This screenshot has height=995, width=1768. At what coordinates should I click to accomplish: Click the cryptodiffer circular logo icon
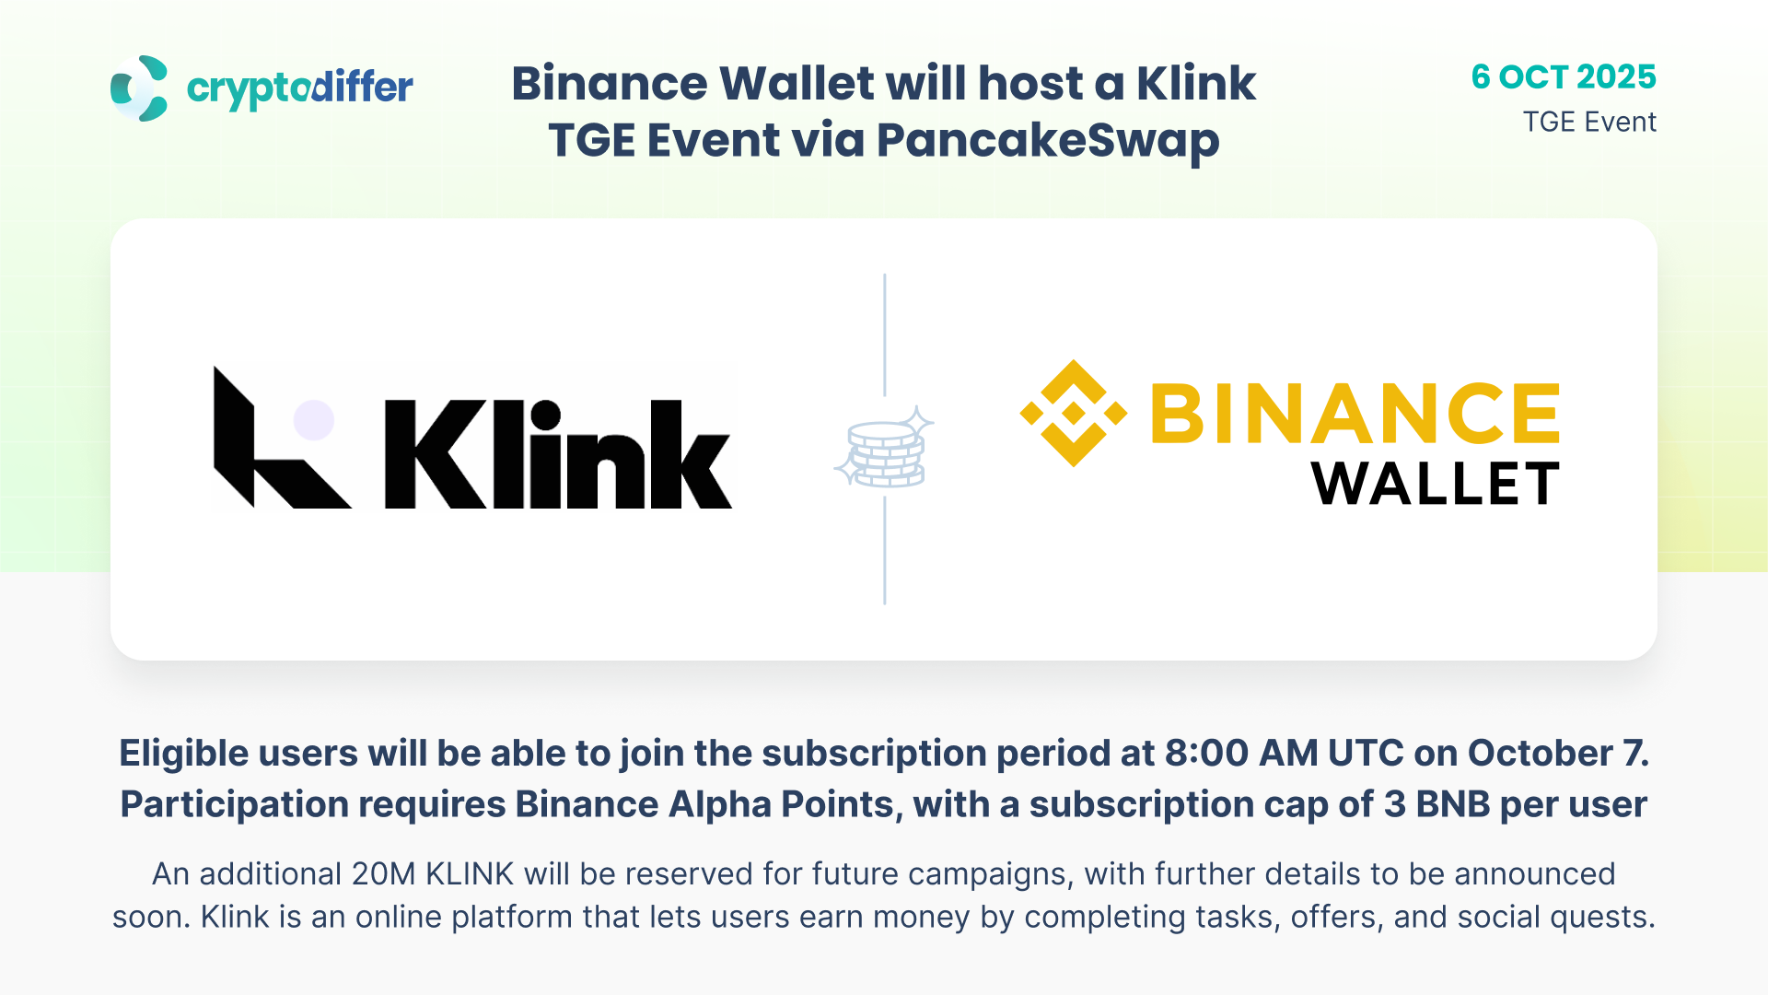point(139,88)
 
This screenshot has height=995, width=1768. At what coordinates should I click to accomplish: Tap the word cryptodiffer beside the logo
point(300,89)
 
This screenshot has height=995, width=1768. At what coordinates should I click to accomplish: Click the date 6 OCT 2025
point(1564,76)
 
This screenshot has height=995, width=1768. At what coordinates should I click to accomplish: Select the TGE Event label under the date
point(1589,122)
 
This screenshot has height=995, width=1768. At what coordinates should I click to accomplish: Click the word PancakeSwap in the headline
point(1048,141)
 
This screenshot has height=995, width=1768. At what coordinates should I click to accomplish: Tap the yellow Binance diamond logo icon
point(1074,413)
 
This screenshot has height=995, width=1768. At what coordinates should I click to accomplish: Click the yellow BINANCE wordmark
point(1355,413)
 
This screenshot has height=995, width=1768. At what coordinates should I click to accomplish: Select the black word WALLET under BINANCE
point(1436,484)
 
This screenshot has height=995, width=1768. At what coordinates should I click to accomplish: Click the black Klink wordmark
point(558,453)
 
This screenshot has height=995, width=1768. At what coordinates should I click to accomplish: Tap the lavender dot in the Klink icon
point(314,420)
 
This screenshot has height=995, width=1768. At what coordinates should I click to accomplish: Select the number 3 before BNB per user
point(1395,804)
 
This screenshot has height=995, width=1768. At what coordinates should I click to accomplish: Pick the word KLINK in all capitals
point(470,873)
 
